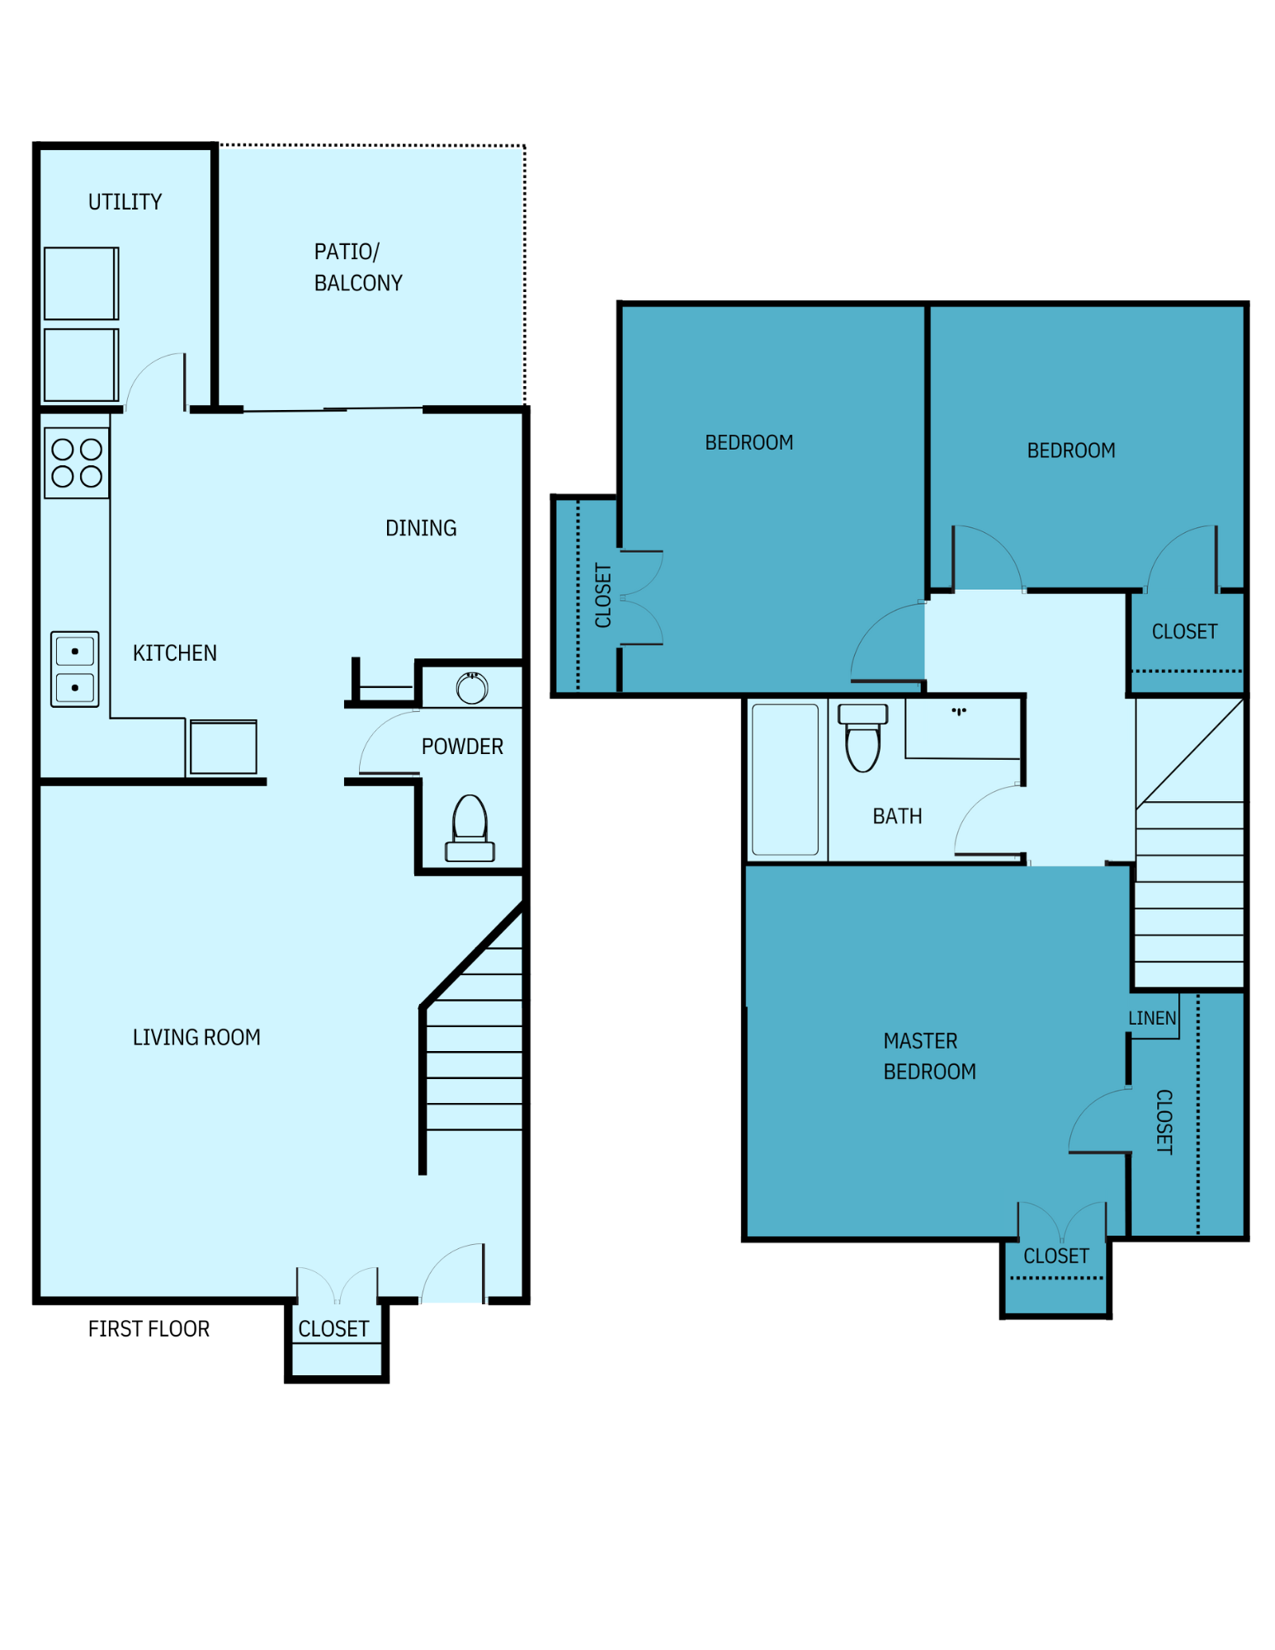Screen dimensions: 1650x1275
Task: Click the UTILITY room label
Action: [x=125, y=202]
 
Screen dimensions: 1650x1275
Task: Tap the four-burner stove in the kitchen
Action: [x=77, y=463]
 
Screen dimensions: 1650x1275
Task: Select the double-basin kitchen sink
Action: [x=75, y=669]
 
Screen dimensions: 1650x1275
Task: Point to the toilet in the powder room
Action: [x=470, y=828]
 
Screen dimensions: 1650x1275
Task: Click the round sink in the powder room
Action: [x=472, y=688]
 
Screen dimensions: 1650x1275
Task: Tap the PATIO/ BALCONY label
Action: [x=357, y=266]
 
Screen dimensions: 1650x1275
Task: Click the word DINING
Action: [x=421, y=528]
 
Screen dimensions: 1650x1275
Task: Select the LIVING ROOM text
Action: [x=196, y=1037]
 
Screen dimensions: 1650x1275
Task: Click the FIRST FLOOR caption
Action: [x=149, y=1328]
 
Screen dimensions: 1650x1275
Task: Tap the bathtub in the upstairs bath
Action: [x=785, y=779]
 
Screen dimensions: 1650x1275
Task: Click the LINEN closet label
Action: [x=1151, y=1018]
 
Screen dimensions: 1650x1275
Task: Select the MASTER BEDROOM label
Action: [x=928, y=1056]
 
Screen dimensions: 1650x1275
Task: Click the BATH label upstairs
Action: [x=897, y=816]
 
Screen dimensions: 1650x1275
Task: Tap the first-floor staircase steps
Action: [x=474, y=1052]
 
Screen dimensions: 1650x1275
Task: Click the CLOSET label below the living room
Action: [x=333, y=1328]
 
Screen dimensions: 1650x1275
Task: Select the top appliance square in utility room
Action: [x=81, y=283]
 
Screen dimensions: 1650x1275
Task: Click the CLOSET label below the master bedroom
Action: [x=1055, y=1256]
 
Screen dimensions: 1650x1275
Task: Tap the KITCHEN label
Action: [x=175, y=653]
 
